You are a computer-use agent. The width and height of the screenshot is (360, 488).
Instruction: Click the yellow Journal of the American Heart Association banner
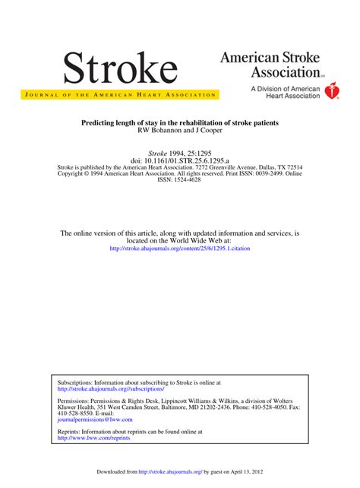[120, 94]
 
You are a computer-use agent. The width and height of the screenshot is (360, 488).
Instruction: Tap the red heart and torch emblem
[331, 91]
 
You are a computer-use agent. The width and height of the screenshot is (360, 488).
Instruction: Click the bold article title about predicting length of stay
[179, 122]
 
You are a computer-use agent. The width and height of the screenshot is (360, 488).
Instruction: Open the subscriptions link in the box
[110, 388]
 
